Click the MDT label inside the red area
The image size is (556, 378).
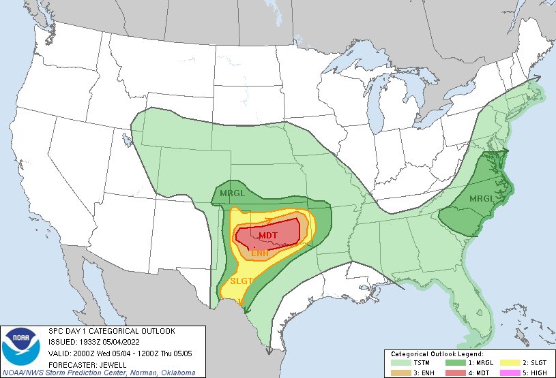click(267, 235)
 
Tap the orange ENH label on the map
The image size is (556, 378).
click(260, 253)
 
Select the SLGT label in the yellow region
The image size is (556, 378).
click(242, 281)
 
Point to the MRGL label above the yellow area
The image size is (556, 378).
click(232, 194)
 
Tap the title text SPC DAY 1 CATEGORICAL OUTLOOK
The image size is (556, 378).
click(111, 331)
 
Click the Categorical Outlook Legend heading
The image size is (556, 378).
click(437, 354)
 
